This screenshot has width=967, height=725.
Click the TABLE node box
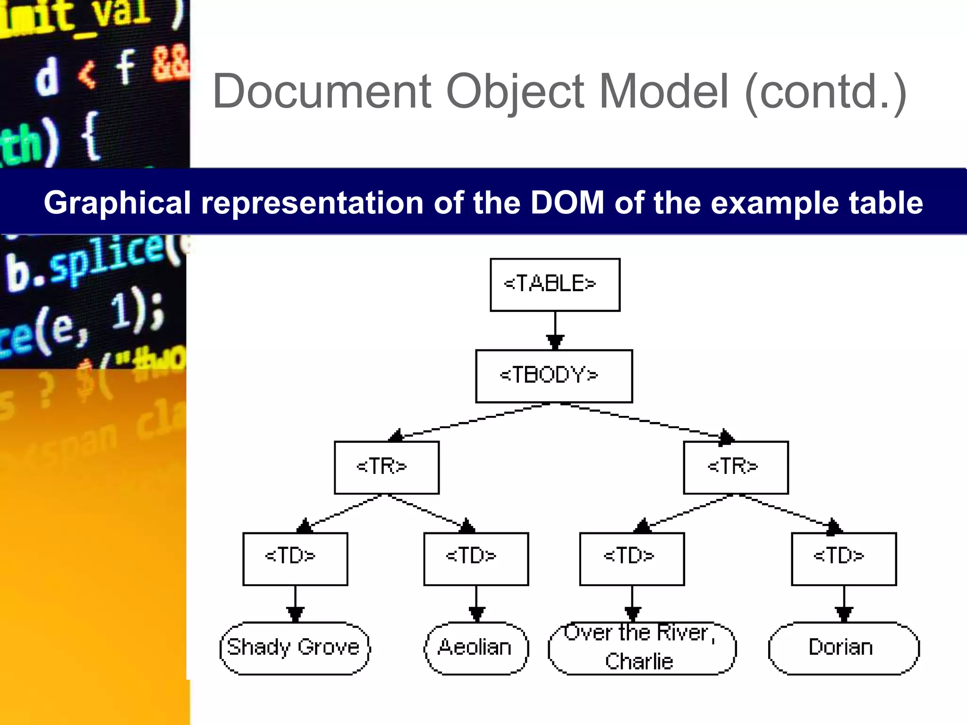(x=555, y=285)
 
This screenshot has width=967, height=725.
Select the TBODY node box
(x=554, y=376)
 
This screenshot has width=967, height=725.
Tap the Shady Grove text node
(x=295, y=648)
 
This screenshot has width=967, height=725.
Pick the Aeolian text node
(x=476, y=648)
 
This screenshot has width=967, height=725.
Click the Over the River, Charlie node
(x=642, y=648)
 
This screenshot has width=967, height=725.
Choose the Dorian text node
(x=843, y=648)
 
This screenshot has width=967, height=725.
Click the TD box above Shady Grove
(x=295, y=558)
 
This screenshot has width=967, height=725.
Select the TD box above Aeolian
(x=476, y=558)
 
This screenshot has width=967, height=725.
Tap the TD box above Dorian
(x=844, y=558)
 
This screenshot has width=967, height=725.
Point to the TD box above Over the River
(x=632, y=558)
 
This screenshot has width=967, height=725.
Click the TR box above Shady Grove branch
(x=386, y=467)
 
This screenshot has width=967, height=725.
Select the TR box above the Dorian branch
(x=736, y=467)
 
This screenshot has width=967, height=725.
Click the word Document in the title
(x=322, y=92)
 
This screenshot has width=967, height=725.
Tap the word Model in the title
(x=664, y=92)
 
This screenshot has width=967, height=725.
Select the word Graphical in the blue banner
(x=117, y=203)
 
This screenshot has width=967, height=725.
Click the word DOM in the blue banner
(x=567, y=203)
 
